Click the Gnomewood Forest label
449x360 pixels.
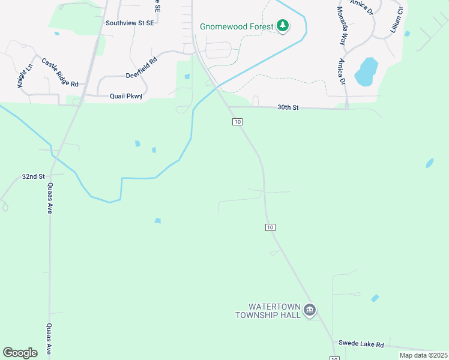pos(237,26)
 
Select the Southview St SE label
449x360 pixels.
pos(130,23)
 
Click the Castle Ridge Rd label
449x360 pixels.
pos(60,73)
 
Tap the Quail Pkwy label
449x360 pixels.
pos(125,96)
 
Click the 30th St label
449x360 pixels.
pos(288,107)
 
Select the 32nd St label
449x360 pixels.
pos(34,177)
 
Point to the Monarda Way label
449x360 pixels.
pos(342,27)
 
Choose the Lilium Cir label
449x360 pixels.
pos(395,20)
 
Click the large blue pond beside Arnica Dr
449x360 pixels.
pos(366,72)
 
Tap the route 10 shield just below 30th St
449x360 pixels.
pos(238,122)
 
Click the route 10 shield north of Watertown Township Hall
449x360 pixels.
pos(270,227)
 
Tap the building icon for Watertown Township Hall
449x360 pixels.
pos(310,310)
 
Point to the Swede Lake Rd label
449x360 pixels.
pos(361,344)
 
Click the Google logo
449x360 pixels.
pos(20,353)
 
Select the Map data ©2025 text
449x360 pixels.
pos(423,355)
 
